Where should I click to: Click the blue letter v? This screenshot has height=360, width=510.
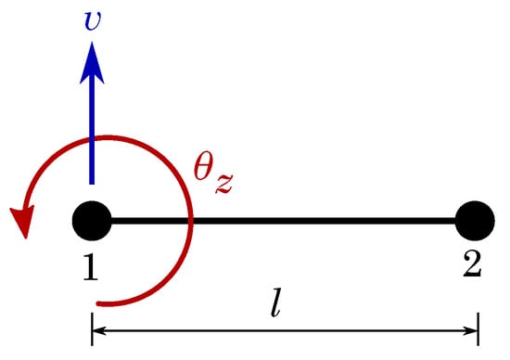pos(91,19)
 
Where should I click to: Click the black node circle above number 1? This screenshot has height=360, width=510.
pos(91,222)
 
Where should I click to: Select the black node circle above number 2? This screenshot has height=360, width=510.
pos(475,222)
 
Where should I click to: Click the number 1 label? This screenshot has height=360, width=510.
pos(91,267)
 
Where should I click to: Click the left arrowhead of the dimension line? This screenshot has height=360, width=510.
pos(99,328)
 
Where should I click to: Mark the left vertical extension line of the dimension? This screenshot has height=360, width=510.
pos(91,327)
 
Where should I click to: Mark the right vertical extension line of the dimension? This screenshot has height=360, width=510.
pos(478,327)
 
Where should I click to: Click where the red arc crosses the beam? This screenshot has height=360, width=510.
pos(189,222)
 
